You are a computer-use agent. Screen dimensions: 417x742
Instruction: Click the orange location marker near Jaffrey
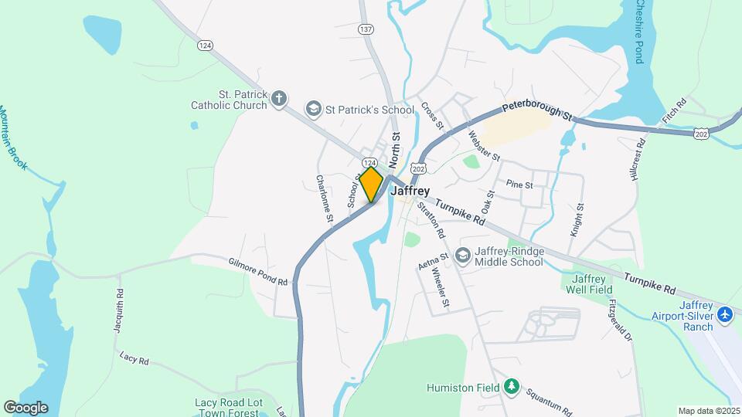[x=371, y=184]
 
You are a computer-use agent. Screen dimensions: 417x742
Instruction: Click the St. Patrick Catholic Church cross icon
[x=279, y=98]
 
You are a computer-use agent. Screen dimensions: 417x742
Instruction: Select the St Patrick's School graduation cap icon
[x=314, y=109]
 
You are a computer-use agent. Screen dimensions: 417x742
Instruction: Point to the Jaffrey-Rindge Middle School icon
[x=463, y=255]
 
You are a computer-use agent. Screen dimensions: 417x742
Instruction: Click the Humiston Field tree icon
[x=510, y=385]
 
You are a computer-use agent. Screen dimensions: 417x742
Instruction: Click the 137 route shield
[x=366, y=29]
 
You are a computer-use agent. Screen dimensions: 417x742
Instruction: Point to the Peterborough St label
[x=536, y=113]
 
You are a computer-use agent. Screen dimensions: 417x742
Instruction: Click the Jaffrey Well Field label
[x=587, y=284]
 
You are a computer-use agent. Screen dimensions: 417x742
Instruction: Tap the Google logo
[x=26, y=407]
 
